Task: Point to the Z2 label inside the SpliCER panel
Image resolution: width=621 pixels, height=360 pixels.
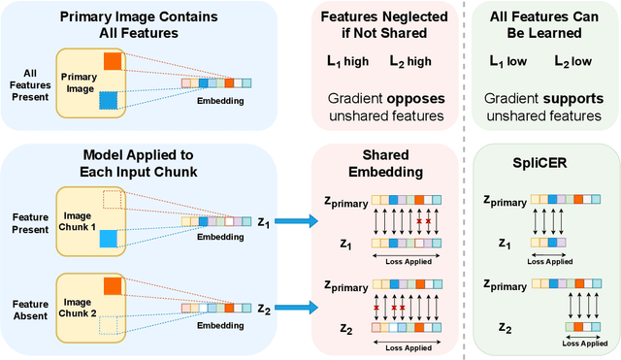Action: point(507,329)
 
